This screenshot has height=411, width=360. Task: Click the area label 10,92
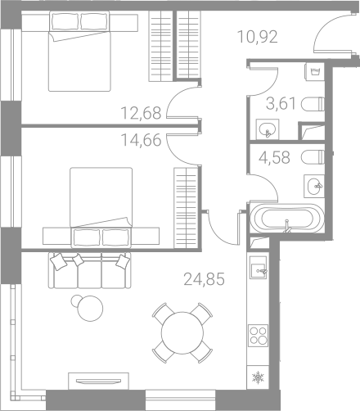pyautogui.click(x=258, y=37)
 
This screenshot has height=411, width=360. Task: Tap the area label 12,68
pyautogui.click(x=141, y=113)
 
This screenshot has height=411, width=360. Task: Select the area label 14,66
pyautogui.click(x=141, y=140)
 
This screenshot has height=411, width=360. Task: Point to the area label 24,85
pyautogui.click(x=205, y=279)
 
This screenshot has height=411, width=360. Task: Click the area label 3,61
pyautogui.click(x=281, y=104)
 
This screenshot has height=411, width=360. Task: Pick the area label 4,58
pyautogui.click(x=274, y=158)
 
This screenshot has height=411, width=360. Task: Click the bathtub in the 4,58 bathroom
pyautogui.click(x=287, y=219)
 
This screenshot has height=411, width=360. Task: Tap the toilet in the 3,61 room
pyautogui.click(x=313, y=104)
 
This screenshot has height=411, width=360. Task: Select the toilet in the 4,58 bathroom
pyautogui.click(x=313, y=157)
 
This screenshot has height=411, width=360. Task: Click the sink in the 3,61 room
pyautogui.click(x=268, y=129)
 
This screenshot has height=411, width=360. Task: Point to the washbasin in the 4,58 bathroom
pyautogui.click(x=314, y=186)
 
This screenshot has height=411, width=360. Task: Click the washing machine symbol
pyautogui.click(x=315, y=71)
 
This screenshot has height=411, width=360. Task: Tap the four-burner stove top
pyautogui.click(x=258, y=336)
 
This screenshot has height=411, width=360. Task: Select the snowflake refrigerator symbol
pyautogui.click(x=258, y=377)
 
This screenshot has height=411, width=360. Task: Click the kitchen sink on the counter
pyautogui.click(x=258, y=268)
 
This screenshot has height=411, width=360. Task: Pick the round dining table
pyautogui.click(x=182, y=333)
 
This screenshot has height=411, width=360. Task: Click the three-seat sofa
pyautogui.click(x=90, y=270)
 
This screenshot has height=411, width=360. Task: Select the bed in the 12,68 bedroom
pyautogui.click(x=79, y=52)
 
